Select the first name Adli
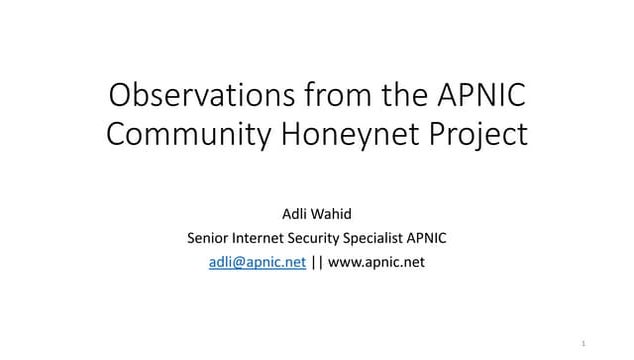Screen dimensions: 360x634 pos(297,212)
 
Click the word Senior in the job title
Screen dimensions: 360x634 pos(207,237)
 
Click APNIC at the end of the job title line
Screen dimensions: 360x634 pos(428,237)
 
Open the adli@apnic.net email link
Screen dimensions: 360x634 pos(257,262)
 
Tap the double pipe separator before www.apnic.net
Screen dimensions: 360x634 pos(317,262)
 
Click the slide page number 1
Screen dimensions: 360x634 pos(583,341)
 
